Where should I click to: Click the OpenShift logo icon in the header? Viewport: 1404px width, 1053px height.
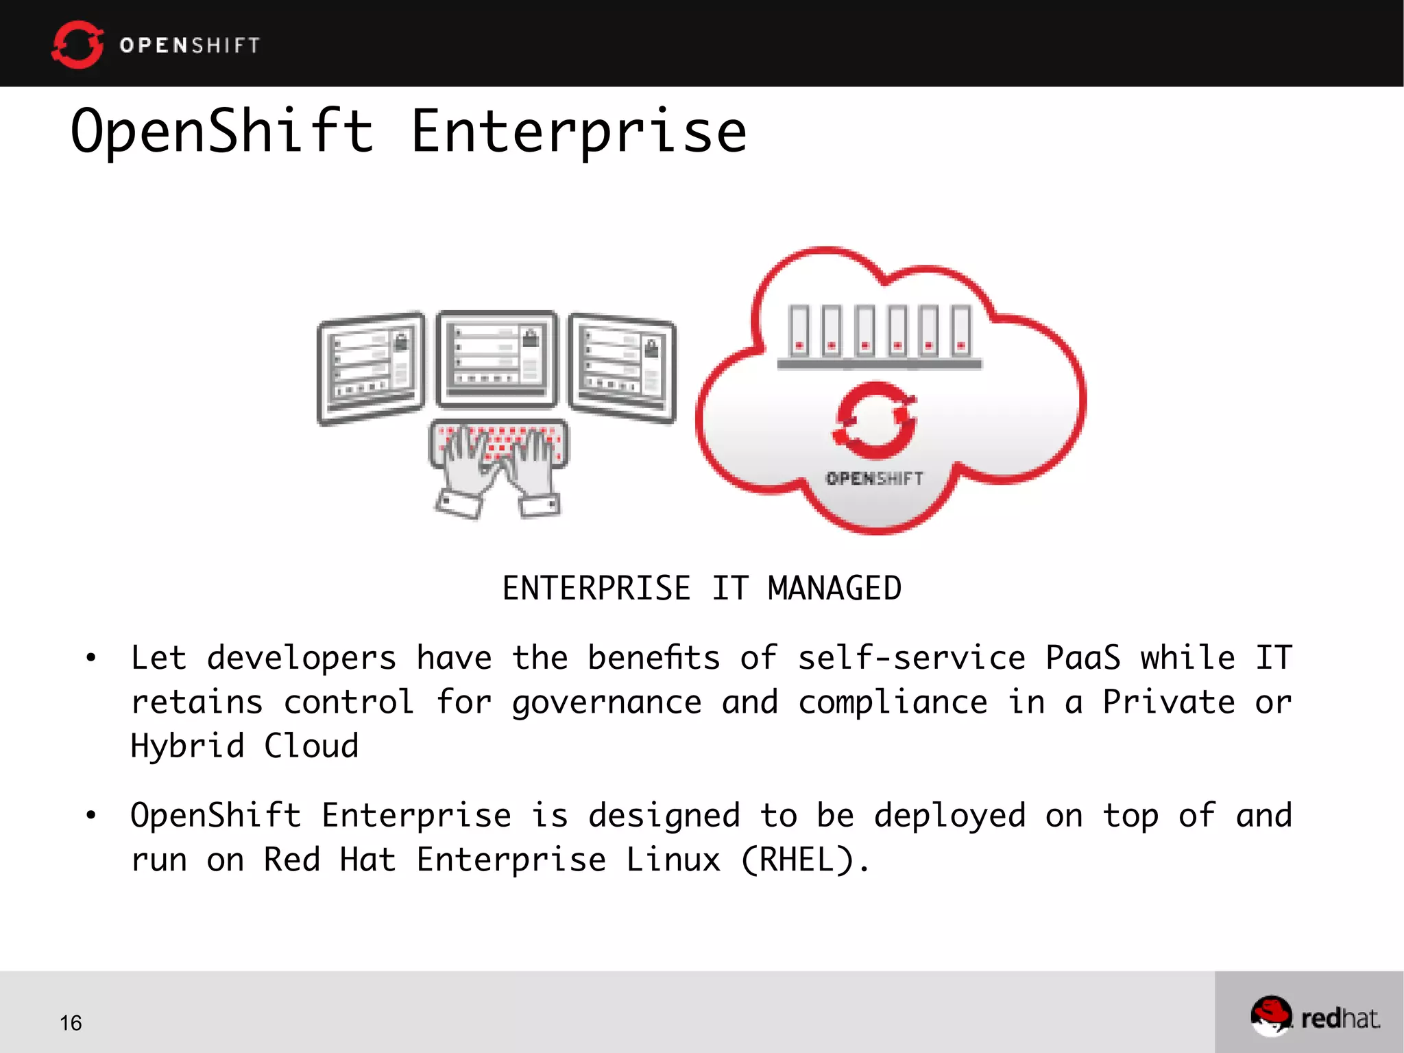pyautogui.click(x=77, y=45)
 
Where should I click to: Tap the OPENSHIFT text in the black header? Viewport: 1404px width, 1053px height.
pyautogui.click(x=190, y=45)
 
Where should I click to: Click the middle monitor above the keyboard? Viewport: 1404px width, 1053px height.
pyautogui.click(x=498, y=358)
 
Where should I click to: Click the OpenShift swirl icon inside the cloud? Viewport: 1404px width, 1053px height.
pyautogui.click(x=875, y=420)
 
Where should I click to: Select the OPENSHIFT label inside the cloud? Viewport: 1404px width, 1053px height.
pyautogui.click(x=875, y=478)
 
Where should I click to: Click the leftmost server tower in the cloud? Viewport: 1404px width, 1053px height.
pyautogui.click(x=799, y=331)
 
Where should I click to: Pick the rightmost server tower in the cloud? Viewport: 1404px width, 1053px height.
pyautogui.click(x=961, y=331)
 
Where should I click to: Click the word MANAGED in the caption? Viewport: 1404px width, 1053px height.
pyautogui.click(x=834, y=589)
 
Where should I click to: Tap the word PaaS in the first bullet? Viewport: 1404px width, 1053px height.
pyautogui.click(x=1082, y=658)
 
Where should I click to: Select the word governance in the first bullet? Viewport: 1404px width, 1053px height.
pyautogui.click(x=607, y=702)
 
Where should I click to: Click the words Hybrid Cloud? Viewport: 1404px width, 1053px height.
pyautogui.click(x=245, y=746)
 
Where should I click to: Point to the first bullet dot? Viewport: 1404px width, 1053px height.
pyautogui.click(x=91, y=658)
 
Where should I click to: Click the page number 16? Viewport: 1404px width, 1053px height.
pyautogui.click(x=71, y=1023)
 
